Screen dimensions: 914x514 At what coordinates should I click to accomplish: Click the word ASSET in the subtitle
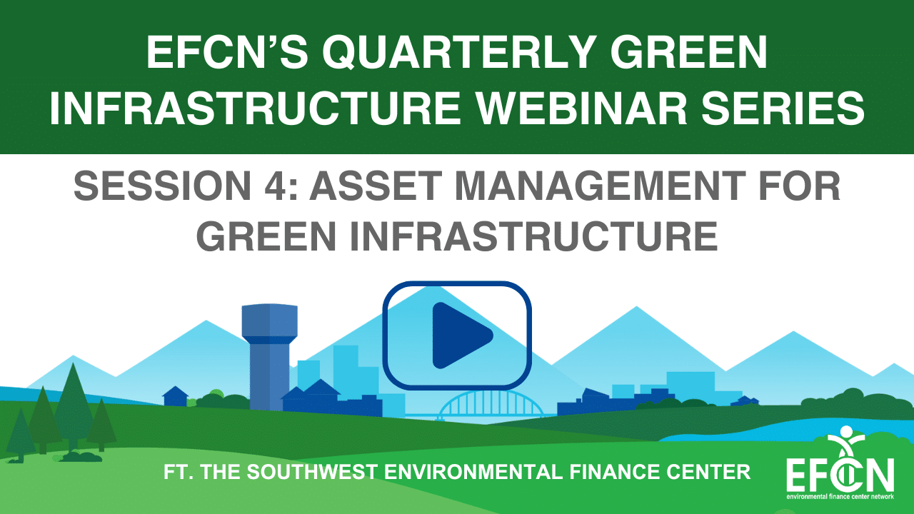[376, 186]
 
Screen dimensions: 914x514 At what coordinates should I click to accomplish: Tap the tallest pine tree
[74, 408]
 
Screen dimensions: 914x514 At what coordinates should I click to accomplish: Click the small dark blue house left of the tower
[176, 396]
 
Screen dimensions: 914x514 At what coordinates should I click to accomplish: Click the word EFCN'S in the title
[227, 53]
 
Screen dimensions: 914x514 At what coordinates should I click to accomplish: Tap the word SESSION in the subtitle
[162, 186]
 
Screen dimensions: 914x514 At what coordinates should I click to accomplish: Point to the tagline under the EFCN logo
[840, 497]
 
